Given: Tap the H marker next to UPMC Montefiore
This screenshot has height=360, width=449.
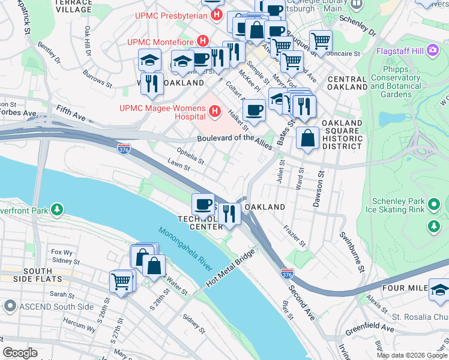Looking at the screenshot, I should point(203,41).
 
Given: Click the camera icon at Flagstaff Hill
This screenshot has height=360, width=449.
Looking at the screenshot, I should point(432,51).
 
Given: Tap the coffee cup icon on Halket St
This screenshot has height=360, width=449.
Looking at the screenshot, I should point(255,109).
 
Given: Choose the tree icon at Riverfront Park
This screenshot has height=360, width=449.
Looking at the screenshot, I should point(56,210).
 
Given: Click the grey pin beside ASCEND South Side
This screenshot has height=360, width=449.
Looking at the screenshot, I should point(9,307).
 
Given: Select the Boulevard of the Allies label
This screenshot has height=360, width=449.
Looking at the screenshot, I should point(235,138).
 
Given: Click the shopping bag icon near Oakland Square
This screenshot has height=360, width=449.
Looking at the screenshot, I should point(307,137).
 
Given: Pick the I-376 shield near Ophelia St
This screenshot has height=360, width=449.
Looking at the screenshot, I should point(124,146).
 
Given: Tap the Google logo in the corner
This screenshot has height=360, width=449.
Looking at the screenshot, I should point(20,353).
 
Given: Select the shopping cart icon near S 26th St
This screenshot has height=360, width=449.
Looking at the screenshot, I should point(121,280).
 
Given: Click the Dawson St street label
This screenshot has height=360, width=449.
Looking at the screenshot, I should point(318,191).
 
